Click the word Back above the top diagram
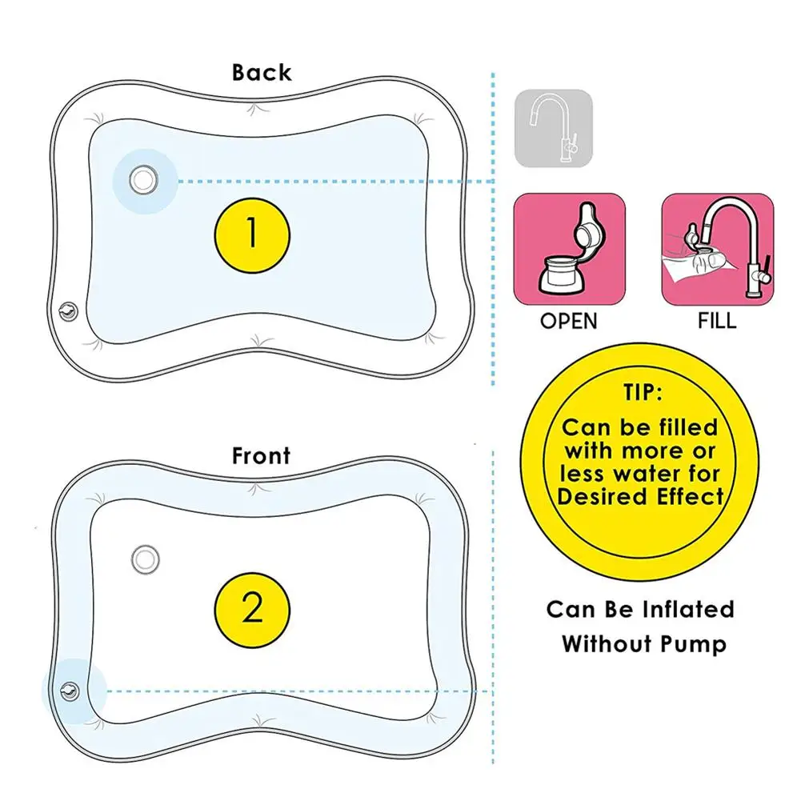[262, 73]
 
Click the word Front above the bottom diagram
[261, 456]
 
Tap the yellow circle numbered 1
[252, 234]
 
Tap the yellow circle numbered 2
[252, 610]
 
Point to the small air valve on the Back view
[68, 310]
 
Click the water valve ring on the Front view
[145, 559]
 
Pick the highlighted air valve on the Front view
[70, 690]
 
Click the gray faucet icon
[553, 128]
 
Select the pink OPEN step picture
[569, 249]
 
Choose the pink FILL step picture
[718, 249]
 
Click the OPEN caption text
[568, 322]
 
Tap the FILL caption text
[717, 322]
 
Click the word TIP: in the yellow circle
[639, 394]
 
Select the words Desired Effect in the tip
[640, 496]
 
